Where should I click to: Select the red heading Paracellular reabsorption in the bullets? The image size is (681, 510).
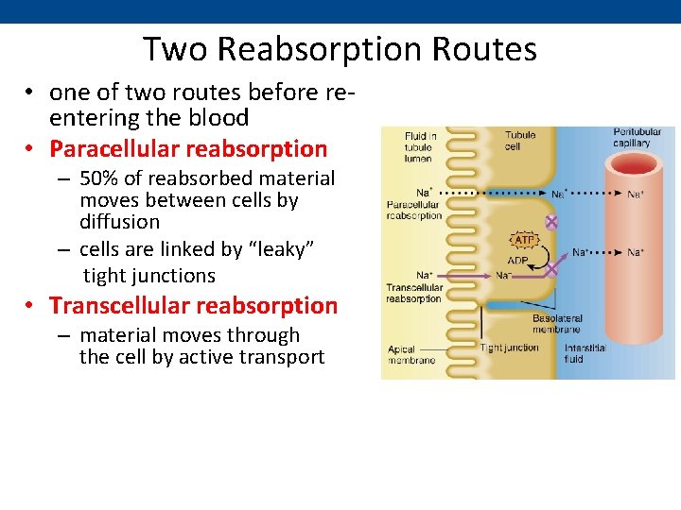point(188,149)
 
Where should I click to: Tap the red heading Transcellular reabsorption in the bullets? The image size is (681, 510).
point(193,306)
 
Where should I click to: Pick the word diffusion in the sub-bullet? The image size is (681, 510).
point(119,222)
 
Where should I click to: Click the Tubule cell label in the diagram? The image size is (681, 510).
point(519,141)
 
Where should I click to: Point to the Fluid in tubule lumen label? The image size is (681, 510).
point(420,147)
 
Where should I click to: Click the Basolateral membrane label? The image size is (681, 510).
point(557,325)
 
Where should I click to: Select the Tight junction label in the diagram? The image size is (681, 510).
point(509,348)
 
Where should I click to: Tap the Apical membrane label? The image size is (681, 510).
point(411,354)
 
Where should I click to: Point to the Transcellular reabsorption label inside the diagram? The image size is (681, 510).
point(413,293)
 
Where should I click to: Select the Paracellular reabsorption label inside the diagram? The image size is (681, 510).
point(413,210)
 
